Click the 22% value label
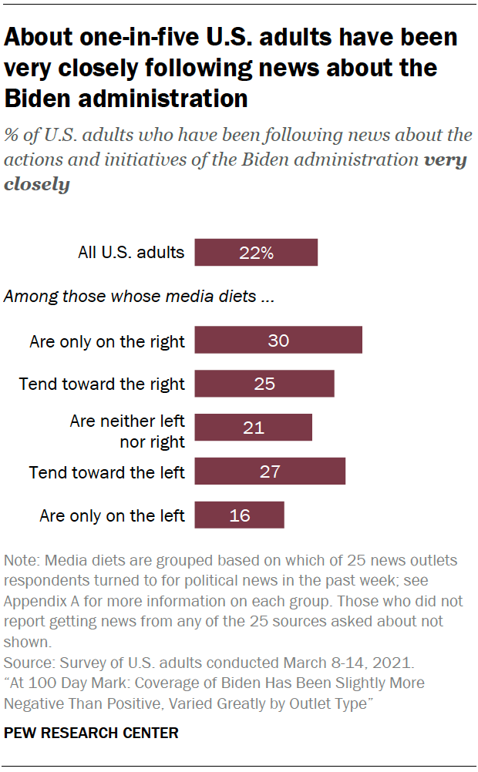tap(255, 253)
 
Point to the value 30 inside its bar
tap(278, 340)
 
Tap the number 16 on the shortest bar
tap(240, 515)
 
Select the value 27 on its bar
tap(270, 472)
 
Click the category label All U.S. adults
tap(131, 252)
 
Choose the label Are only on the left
tap(112, 515)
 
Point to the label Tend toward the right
tap(102, 384)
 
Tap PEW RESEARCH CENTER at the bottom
tap(91, 733)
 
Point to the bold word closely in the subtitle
tap(36, 185)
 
